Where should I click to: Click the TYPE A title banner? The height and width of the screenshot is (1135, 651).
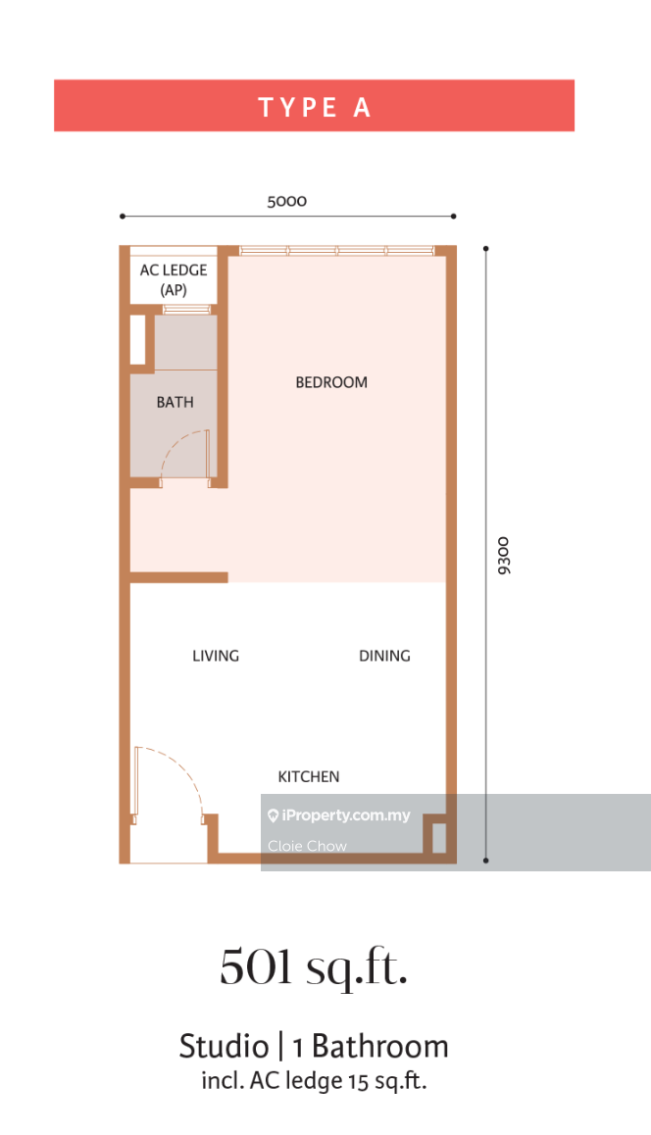click(315, 106)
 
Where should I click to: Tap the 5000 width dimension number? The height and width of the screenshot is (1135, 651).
click(286, 201)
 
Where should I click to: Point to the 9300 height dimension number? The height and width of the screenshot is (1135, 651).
click(504, 555)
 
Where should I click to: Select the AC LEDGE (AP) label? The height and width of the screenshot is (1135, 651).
click(174, 279)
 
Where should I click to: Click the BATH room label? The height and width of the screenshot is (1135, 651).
click(175, 402)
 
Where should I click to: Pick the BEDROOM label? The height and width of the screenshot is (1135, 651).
click(331, 382)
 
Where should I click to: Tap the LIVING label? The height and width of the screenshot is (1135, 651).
click(216, 656)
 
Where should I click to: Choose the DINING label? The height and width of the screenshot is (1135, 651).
click(384, 656)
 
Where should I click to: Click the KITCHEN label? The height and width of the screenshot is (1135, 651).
click(309, 776)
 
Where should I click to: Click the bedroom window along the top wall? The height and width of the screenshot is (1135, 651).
click(336, 251)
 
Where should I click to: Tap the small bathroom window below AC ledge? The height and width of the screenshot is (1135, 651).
click(186, 310)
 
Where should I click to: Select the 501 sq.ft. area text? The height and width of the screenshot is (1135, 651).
click(315, 967)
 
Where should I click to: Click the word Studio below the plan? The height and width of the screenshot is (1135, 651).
click(224, 1047)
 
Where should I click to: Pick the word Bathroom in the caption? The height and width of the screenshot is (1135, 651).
click(380, 1047)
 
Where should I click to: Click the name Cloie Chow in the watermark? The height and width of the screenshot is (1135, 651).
click(307, 846)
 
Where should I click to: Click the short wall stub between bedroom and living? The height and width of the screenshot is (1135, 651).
click(178, 577)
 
